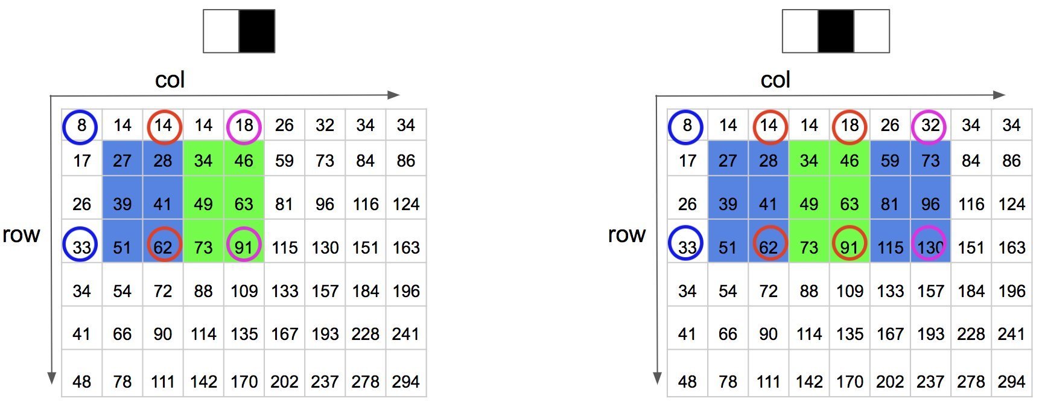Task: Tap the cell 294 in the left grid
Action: [x=406, y=382]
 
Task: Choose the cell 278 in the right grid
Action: [x=971, y=382]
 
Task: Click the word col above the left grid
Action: [x=170, y=80]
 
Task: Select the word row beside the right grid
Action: [x=626, y=234]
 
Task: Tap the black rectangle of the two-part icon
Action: [x=257, y=31]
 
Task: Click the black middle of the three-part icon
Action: [x=836, y=31]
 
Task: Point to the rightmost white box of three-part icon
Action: [x=871, y=31]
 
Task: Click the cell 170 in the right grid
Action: [x=850, y=382]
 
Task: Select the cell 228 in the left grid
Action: [x=365, y=334]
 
